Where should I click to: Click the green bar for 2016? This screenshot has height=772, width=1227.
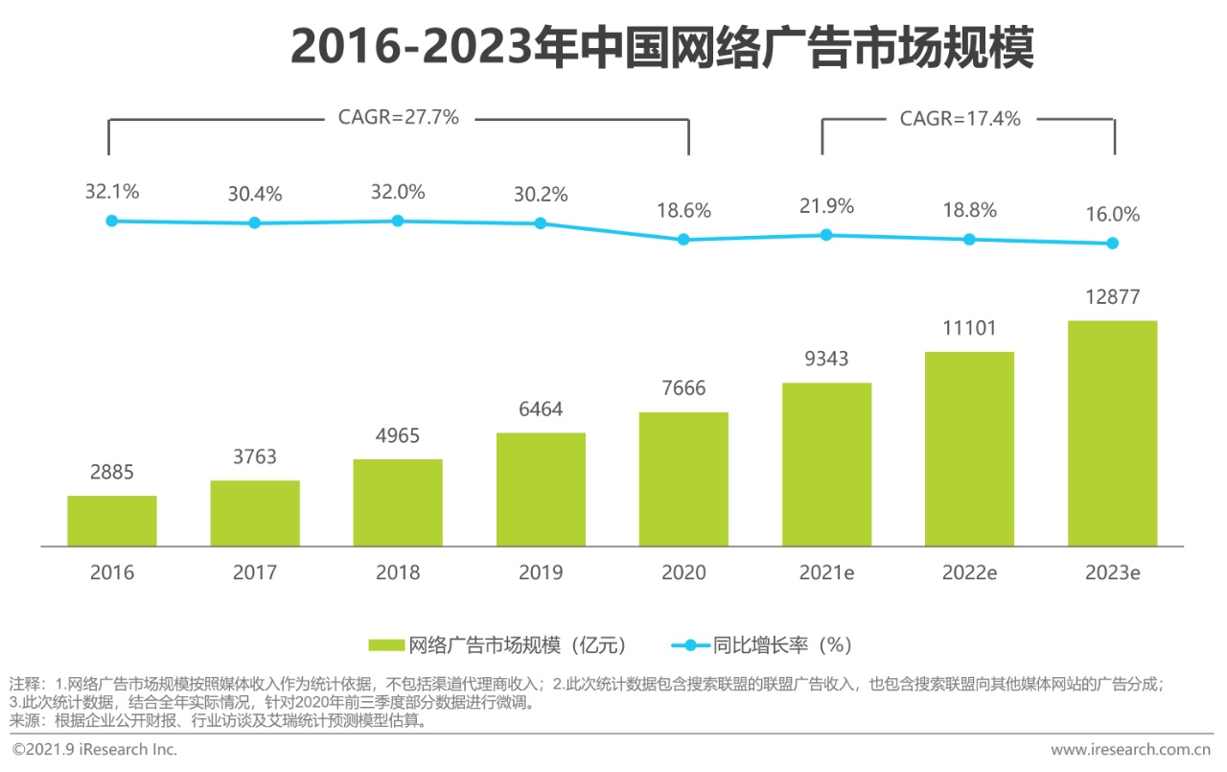[x=111, y=521]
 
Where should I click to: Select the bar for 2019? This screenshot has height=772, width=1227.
[x=541, y=489]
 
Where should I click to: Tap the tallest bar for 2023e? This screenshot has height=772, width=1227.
[x=1112, y=433]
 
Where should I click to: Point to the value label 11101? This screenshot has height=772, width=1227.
[x=969, y=328]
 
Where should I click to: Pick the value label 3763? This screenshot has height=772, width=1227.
[x=254, y=456]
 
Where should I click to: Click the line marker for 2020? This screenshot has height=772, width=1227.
[x=683, y=240]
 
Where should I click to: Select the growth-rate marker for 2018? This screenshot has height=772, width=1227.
[x=398, y=221]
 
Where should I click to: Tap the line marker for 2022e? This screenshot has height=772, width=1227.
[x=969, y=239]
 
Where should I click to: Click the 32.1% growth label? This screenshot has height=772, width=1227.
[x=111, y=191]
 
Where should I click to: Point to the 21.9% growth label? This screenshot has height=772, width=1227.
[x=826, y=206]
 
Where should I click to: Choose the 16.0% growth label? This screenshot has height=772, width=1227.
[x=1112, y=215]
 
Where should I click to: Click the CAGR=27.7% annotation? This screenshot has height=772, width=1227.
[x=398, y=118]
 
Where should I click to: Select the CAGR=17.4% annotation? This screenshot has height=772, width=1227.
[x=960, y=119]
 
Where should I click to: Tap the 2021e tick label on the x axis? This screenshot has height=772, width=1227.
[x=826, y=573]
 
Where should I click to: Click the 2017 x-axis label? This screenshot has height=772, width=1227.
[x=254, y=573]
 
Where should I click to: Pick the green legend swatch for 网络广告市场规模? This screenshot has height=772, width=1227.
[x=386, y=644]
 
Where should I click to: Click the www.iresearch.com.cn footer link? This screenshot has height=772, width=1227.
[x=1130, y=749]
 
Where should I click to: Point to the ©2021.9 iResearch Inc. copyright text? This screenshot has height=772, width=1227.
[x=94, y=749]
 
